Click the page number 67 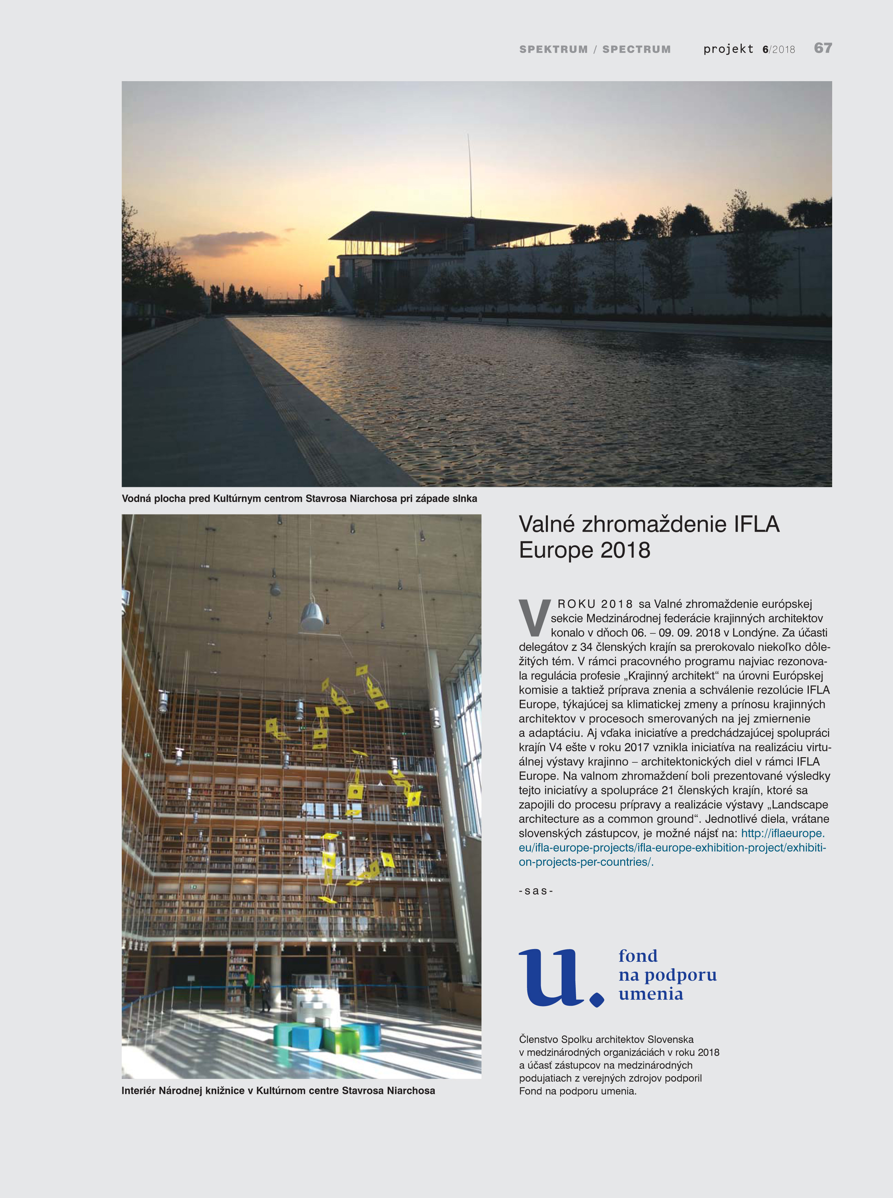(x=823, y=48)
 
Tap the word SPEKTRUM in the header (x=553, y=49)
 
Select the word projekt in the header (x=728, y=49)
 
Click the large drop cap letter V (x=533, y=617)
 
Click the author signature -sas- (x=536, y=891)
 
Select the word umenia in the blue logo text (x=651, y=994)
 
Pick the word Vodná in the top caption (x=136, y=499)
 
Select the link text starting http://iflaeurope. (x=782, y=834)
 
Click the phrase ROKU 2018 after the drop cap (x=595, y=604)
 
